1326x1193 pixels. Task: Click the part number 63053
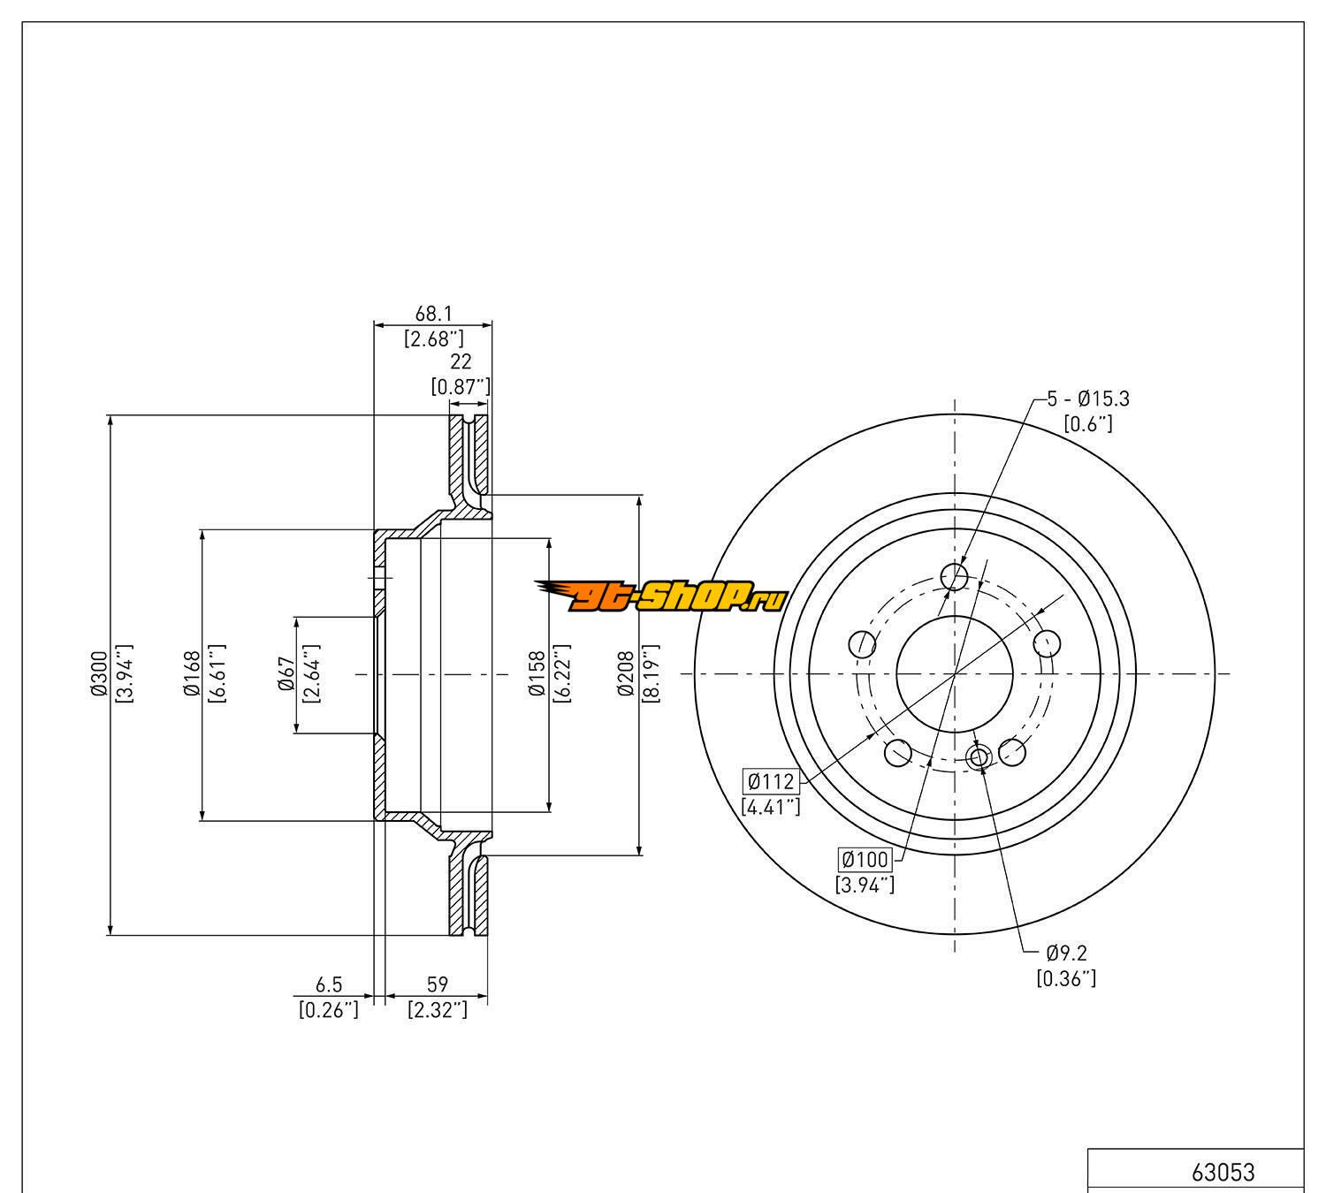coord(1223,1172)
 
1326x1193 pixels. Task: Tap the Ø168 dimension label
coord(190,676)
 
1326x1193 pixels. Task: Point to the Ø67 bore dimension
coord(285,676)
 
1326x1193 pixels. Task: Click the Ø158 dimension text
coord(537,676)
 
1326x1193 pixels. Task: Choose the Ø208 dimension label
coord(627,676)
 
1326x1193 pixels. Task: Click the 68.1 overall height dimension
coord(434,314)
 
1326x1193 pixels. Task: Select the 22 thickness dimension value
coord(461,361)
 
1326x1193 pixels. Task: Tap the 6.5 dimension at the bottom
coord(329,984)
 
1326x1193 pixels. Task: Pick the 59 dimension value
coord(438,984)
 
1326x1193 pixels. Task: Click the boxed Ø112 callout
coord(771,781)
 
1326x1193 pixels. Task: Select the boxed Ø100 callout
coord(865,859)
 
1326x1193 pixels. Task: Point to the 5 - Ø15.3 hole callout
coord(1088,399)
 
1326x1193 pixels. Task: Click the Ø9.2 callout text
coord(1066,954)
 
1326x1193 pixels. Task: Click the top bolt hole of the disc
coord(955,577)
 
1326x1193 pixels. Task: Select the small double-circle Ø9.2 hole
coord(979,757)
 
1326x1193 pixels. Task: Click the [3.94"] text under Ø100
coord(865,884)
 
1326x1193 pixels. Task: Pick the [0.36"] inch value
coord(1066,978)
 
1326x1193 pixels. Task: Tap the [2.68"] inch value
coord(434,338)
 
